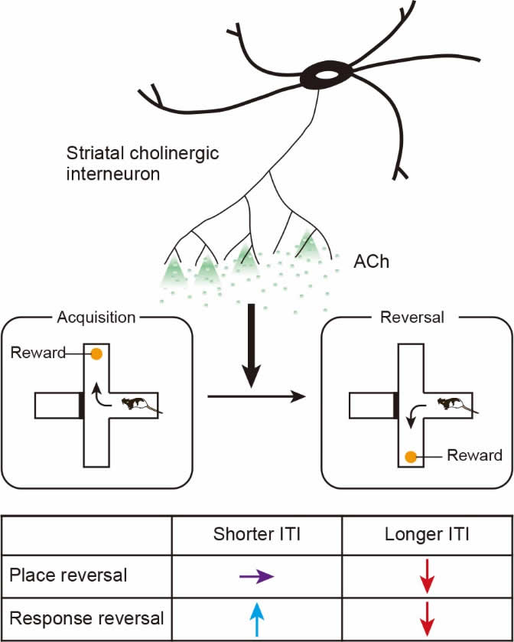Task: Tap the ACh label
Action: pos(372,262)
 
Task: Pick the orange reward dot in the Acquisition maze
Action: pos(96,354)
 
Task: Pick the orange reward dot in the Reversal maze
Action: pos(411,457)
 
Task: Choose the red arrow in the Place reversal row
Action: pos(426,575)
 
